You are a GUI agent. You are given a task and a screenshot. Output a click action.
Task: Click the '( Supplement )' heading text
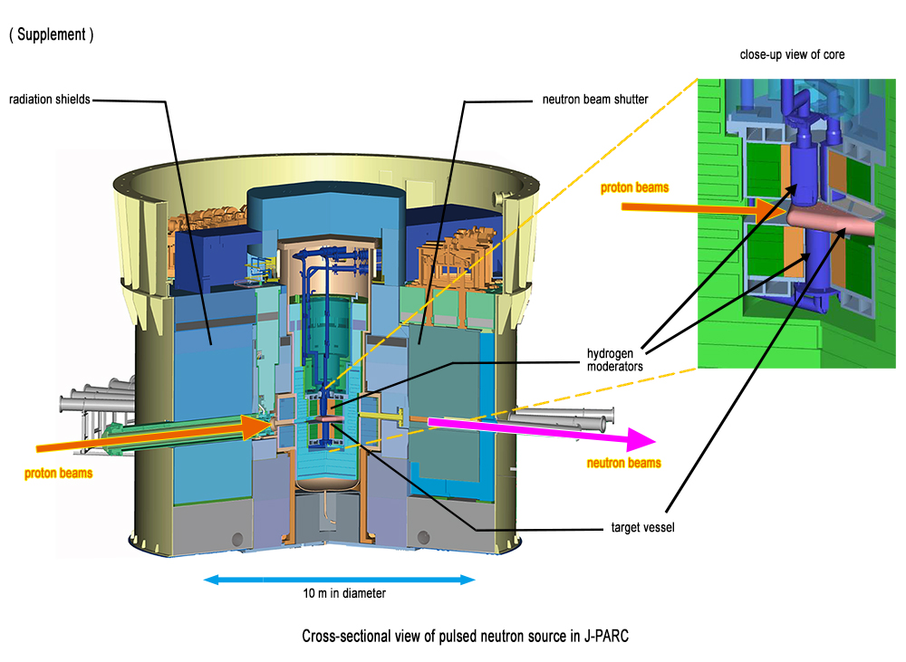[x=52, y=35]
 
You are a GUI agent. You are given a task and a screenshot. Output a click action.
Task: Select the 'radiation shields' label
[x=50, y=100]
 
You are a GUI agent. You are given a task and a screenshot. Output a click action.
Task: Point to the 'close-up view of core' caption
[x=793, y=55]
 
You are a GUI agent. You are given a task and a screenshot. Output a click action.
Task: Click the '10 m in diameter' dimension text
[x=344, y=594]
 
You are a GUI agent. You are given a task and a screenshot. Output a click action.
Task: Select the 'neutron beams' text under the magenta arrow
[x=623, y=463]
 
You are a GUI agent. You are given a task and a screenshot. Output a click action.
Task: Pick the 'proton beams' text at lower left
[x=58, y=472]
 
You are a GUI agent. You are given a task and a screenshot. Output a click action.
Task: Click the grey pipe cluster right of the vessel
[x=562, y=418]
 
